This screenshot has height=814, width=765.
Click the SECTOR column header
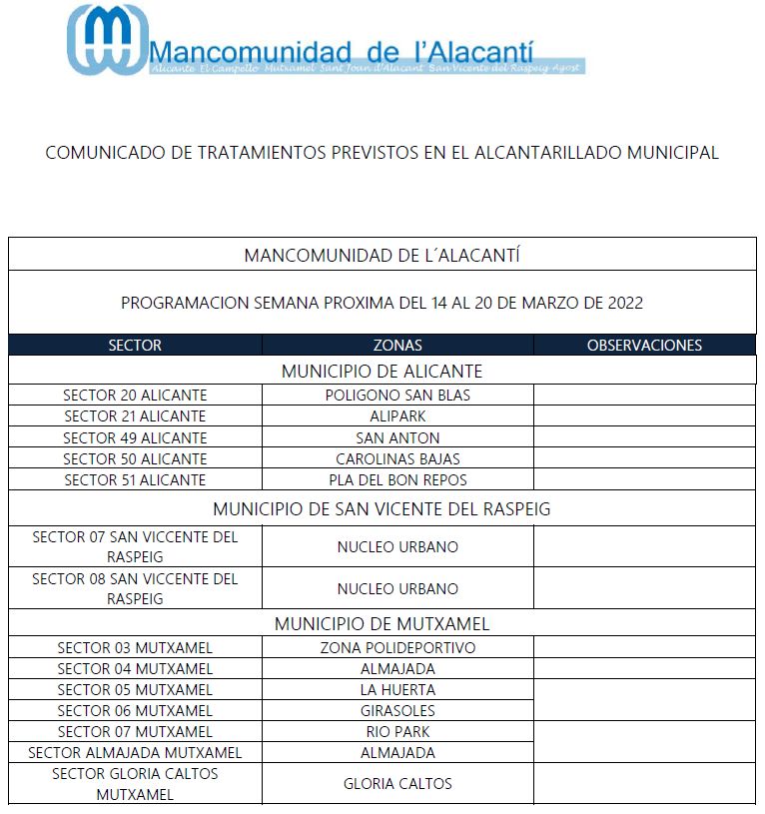(135, 346)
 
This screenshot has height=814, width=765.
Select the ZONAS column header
(397, 346)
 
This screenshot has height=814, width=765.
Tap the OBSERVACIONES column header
(644, 346)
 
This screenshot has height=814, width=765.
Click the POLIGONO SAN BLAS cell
(397, 396)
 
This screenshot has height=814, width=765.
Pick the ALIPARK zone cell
(397, 416)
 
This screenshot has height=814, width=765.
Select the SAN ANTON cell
(397, 437)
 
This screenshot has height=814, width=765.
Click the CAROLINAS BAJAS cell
(397, 459)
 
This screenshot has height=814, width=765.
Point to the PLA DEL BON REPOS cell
(397, 480)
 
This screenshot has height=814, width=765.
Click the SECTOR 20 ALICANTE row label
(135, 396)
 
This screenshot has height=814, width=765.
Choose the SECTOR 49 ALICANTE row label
(135, 437)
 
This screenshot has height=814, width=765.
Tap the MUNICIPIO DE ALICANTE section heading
(382, 372)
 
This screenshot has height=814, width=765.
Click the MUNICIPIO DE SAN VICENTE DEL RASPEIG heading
(382, 509)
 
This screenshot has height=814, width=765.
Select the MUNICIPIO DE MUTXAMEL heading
(382, 624)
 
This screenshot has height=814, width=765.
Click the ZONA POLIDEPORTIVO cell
(397, 648)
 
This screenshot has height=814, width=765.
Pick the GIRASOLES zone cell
(397, 711)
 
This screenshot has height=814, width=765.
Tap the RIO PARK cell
(397, 732)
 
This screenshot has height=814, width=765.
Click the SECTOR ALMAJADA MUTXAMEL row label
(135, 753)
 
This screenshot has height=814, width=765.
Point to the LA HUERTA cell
(397, 690)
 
